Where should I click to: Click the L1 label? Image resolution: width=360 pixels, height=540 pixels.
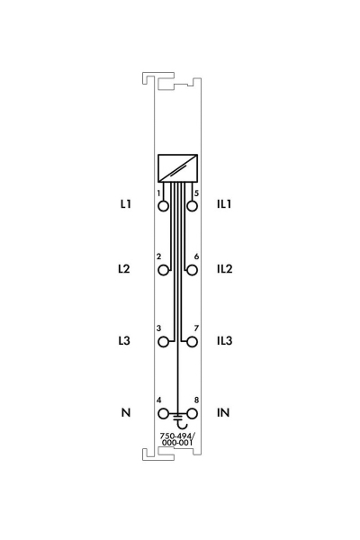point(125,204)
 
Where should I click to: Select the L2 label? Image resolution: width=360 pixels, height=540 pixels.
point(124,268)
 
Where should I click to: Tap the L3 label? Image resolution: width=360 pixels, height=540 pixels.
point(124,340)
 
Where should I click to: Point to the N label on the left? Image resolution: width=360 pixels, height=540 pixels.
point(126,412)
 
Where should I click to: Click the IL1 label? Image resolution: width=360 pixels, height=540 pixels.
point(224,204)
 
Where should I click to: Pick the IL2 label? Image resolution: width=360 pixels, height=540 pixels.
point(225,268)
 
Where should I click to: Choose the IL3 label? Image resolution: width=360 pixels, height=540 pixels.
point(225,340)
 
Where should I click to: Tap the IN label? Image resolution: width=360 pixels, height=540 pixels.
point(223,412)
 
